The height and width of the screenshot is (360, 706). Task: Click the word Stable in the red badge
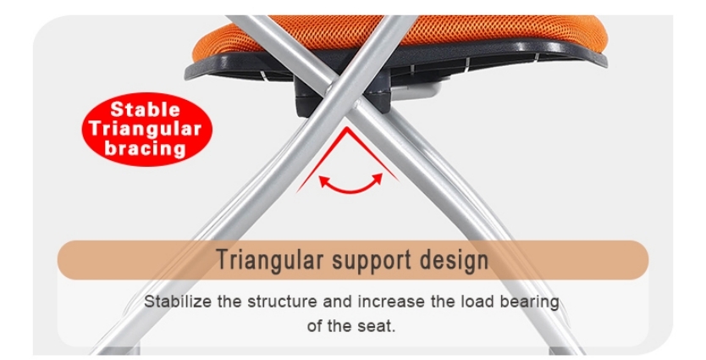146,109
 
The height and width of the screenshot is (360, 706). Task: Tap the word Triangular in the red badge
146,129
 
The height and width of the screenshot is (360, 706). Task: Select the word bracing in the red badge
146,148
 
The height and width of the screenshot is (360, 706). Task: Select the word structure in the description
280,302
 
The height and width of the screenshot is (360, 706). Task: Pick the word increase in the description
392,302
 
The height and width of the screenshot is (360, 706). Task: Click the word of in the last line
315,325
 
